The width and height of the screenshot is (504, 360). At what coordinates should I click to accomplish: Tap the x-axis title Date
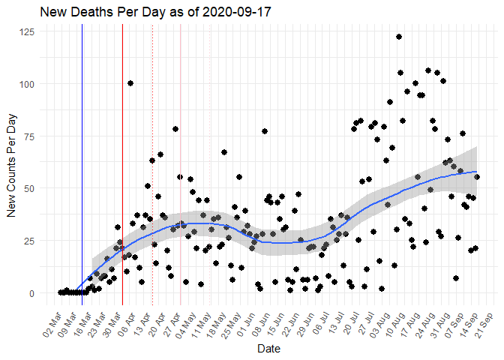(269, 349)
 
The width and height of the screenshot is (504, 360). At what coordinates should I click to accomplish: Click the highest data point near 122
(399, 37)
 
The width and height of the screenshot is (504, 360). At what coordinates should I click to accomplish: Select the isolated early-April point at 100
(130, 83)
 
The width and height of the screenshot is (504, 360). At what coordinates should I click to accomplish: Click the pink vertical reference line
(180, 150)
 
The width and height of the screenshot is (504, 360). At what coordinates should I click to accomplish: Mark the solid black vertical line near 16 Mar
(82, 150)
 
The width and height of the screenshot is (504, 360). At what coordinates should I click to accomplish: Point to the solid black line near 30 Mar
(122, 150)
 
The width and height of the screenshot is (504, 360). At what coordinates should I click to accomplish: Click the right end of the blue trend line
(476, 172)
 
